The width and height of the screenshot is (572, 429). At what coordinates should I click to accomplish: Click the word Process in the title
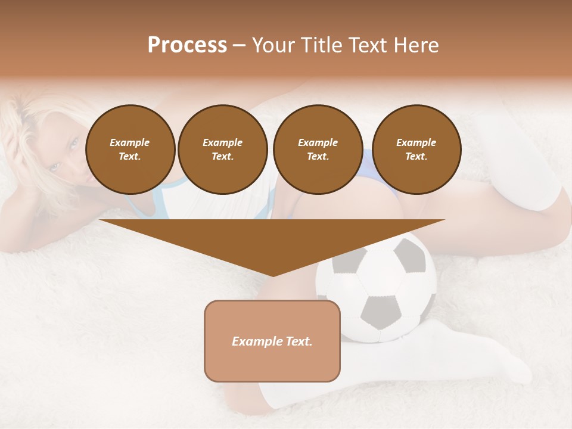(x=187, y=45)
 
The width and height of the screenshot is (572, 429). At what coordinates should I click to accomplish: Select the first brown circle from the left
(x=130, y=149)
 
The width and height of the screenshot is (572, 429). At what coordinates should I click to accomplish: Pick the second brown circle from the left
(x=222, y=149)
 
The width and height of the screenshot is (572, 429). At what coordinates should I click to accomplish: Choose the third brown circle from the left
(x=318, y=149)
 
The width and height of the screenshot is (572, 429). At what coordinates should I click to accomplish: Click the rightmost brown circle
(x=416, y=149)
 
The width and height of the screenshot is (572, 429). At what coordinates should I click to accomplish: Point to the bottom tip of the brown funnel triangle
(x=273, y=275)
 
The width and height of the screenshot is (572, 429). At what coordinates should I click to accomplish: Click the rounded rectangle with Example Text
(x=272, y=341)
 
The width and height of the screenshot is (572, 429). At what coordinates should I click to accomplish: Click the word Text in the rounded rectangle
(x=297, y=341)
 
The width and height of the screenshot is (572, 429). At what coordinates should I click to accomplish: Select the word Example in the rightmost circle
(x=416, y=142)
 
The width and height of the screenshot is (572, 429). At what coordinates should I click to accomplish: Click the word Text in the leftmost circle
(x=129, y=156)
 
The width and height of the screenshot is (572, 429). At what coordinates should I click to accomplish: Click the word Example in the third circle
(x=318, y=142)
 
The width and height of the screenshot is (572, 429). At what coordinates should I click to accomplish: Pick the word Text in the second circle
(x=222, y=156)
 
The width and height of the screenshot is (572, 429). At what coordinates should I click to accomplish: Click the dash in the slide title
(x=239, y=45)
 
